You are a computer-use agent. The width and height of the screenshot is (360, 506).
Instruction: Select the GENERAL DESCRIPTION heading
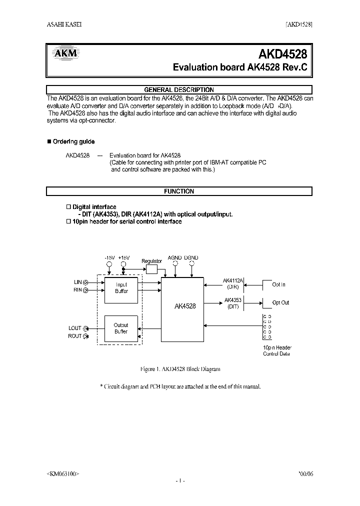click(179, 90)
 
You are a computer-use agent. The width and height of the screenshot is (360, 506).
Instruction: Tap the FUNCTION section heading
click(179, 191)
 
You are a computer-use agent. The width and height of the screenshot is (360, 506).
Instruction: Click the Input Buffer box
click(121, 288)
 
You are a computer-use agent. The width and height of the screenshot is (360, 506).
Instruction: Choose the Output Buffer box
click(121, 328)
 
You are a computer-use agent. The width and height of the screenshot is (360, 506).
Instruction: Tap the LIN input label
click(78, 282)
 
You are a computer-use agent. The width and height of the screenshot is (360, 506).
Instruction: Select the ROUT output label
click(75, 336)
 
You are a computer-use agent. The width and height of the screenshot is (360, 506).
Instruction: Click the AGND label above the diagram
click(174, 258)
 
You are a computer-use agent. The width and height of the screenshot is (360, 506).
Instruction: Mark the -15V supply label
click(109, 258)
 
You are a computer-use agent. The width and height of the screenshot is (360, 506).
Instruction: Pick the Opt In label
click(278, 284)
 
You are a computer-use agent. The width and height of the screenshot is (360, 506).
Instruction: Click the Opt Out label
click(280, 302)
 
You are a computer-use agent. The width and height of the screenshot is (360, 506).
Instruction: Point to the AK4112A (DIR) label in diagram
click(233, 284)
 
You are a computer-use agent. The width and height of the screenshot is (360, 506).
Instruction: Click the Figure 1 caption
click(180, 369)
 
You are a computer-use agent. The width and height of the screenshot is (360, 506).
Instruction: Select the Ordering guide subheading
click(73, 141)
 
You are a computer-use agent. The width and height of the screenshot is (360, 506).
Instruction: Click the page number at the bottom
click(180, 480)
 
